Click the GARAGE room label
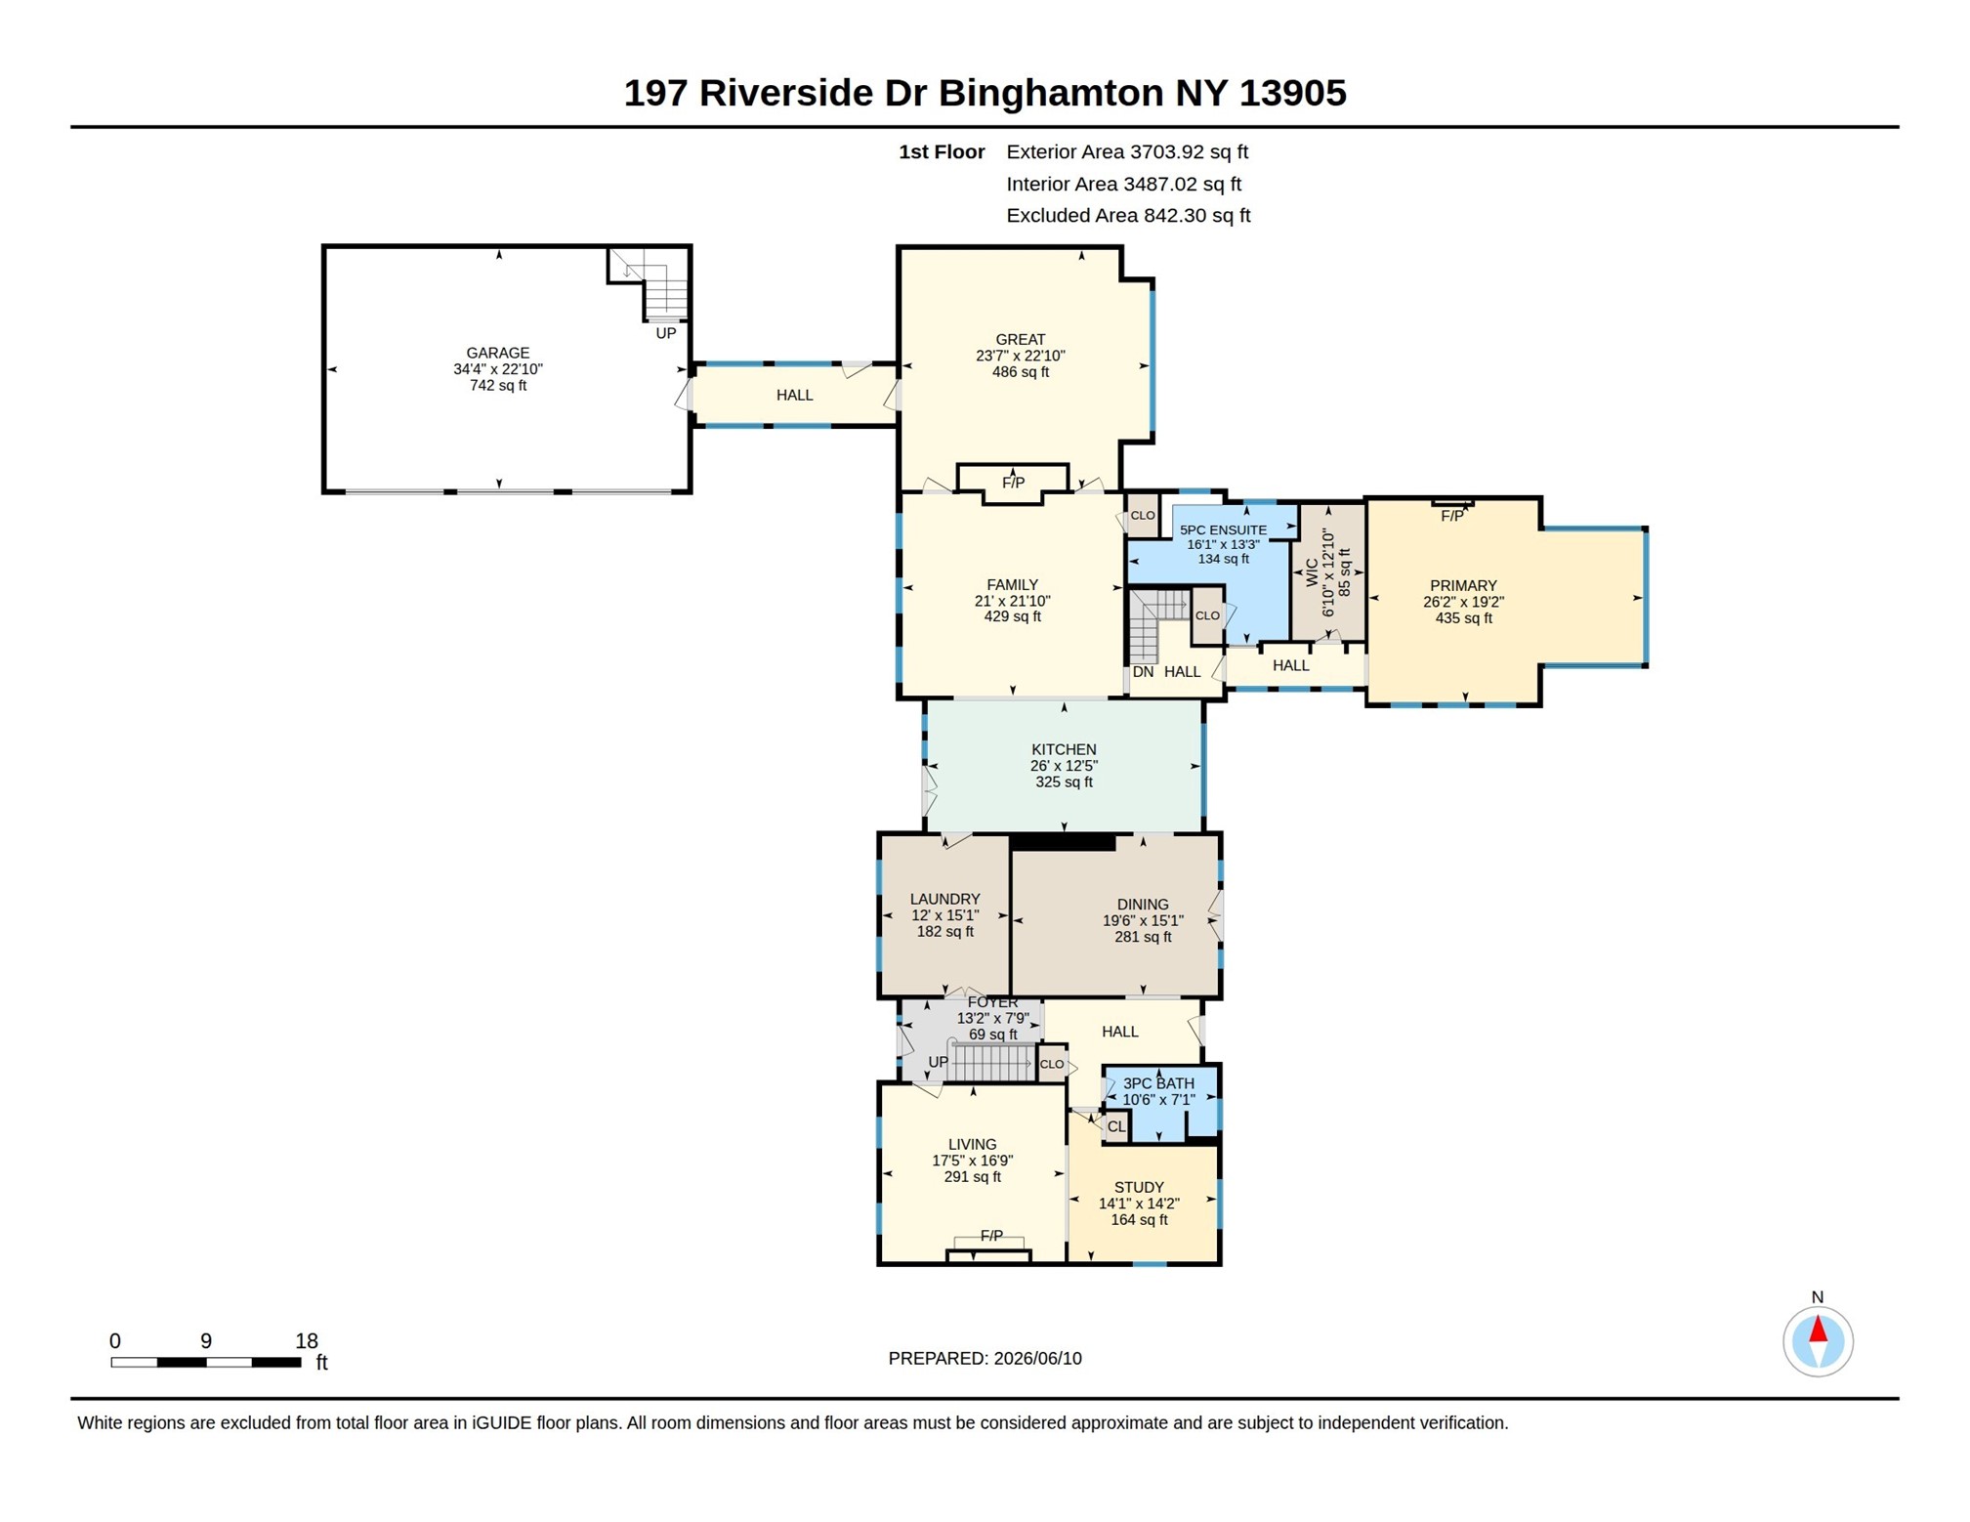click(497, 353)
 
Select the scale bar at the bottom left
click(205, 1361)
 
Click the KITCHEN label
click(1063, 749)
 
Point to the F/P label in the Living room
click(990, 1236)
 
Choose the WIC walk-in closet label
click(1311, 572)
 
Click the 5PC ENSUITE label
click(1223, 529)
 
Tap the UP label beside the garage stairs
click(665, 333)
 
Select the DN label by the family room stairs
click(1143, 672)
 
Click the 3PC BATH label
click(1158, 1083)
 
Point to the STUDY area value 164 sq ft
click(1139, 1220)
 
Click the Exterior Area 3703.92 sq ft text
click(1127, 152)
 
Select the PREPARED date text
click(985, 1358)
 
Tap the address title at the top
click(985, 93)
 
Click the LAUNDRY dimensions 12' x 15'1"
click(944, 915)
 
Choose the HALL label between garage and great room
click(794, 395)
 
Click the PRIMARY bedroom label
click(1463, 586)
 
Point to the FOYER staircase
click(990, 1062)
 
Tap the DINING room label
click(1143, 905)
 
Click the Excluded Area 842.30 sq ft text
click(1128, 216)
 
